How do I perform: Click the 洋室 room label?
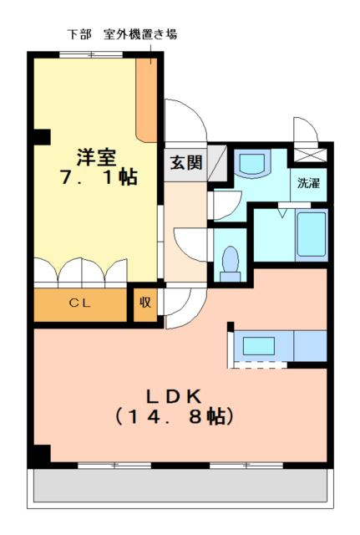click(97, 157)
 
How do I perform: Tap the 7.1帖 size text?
click(99, 177)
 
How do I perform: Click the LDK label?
click(174, 396)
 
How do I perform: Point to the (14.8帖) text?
click(174, 416)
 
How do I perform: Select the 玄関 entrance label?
click(186, 162)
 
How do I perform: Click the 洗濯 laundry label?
click(308, 183)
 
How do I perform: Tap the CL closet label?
click(80, 303)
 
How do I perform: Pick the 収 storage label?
click(145, 303)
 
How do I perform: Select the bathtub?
click(312, 234)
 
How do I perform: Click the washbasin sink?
click(252, 163)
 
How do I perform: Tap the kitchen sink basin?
click(259, 346)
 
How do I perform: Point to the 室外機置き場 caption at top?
click(140, 34)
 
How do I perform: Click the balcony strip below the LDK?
click(180, 485)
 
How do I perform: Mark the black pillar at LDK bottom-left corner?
click(42, 454)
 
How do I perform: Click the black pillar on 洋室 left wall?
click(42, 137)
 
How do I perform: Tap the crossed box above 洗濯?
click(310, 155)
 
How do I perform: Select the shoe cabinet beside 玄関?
click(217, 163)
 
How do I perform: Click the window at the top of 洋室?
click(91, 54)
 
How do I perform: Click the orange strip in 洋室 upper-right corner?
click(147, 99)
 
